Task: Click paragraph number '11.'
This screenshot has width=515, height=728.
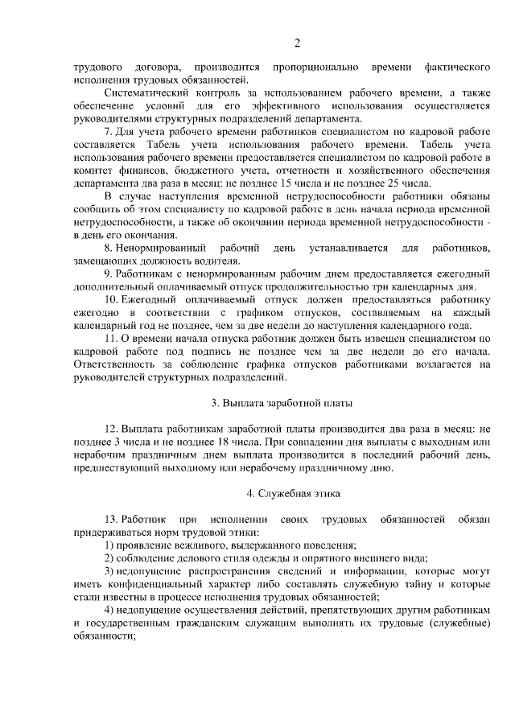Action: tap(113, 339)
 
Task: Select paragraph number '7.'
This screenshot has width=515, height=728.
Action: tap(110, 131)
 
